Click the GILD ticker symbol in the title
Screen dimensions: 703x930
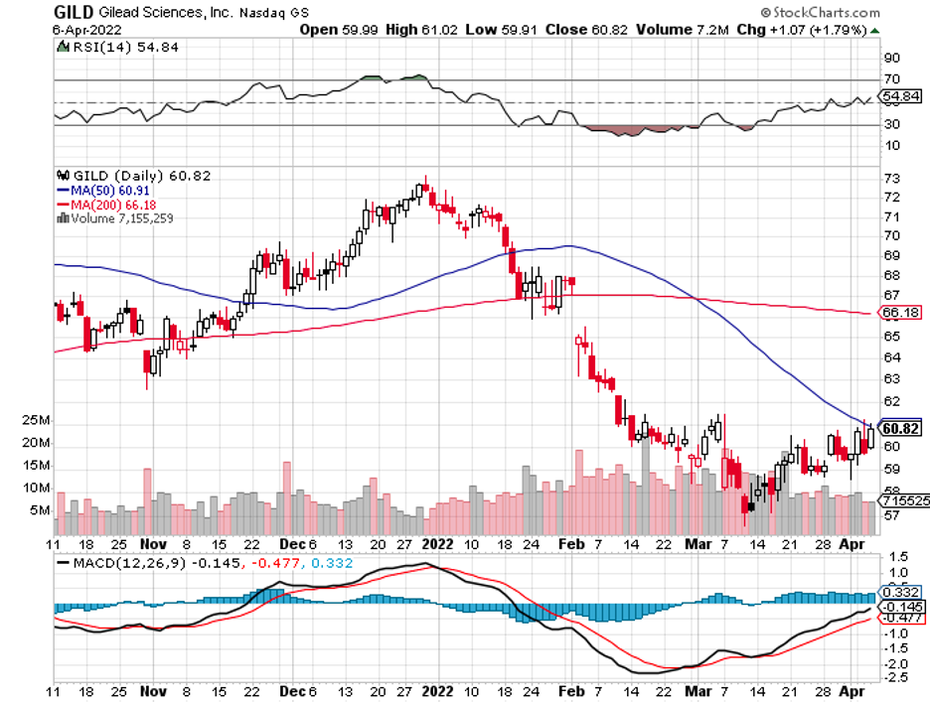tap(74, 12)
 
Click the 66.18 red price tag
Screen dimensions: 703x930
tap(900, 313)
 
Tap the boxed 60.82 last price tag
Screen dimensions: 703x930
tap(900, 428)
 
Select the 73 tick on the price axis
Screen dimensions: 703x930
tap(891, 177)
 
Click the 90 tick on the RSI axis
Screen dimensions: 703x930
tap(891, 59)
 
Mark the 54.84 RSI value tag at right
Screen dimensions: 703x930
tap(900, 96)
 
